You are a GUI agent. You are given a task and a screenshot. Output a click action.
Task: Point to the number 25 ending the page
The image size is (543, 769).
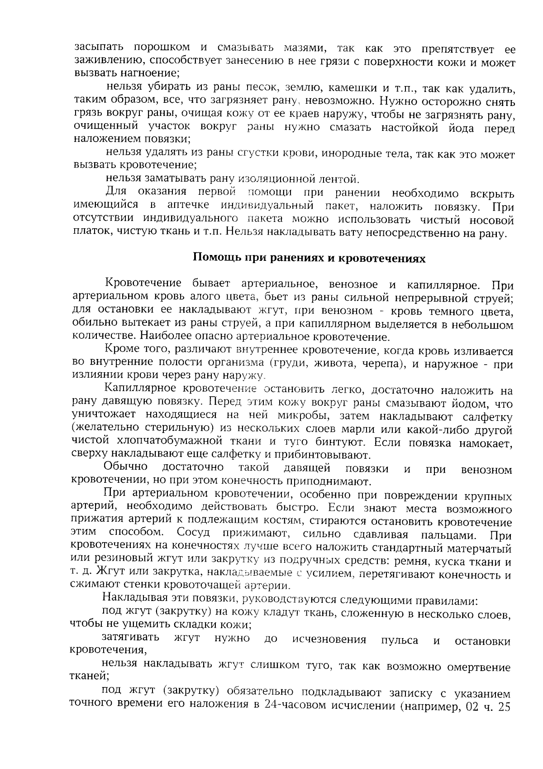[x=504, y=706]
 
